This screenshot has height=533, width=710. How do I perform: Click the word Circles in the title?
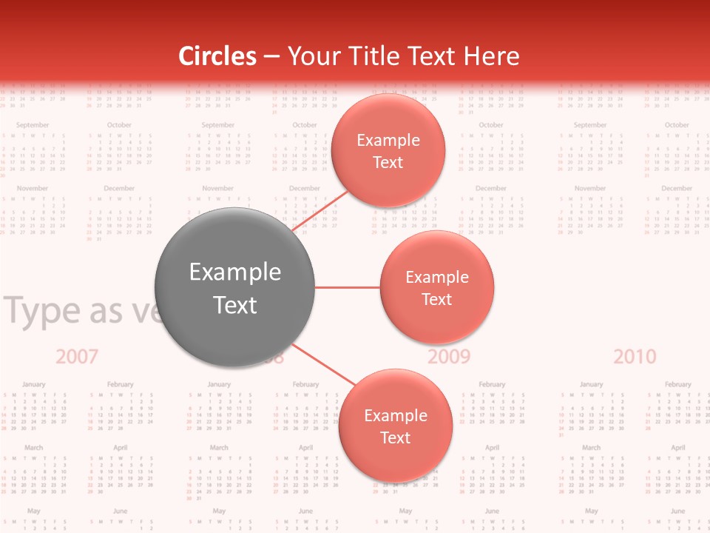click(217, 56)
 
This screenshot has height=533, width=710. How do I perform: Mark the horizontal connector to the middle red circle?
click(347, 287)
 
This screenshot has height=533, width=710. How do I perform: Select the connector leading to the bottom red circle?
click(325, 367)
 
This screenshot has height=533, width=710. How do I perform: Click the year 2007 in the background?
click(77, 357)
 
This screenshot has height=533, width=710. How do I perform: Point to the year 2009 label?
click(449, 357)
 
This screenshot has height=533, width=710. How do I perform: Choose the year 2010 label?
click(635, 357)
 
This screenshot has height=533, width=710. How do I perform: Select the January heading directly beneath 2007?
click(33, 384)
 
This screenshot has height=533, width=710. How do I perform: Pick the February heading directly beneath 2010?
click(677, 384)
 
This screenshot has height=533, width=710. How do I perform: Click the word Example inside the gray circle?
click(234, 272)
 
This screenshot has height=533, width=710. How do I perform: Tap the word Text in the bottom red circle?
click(395, 438)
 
